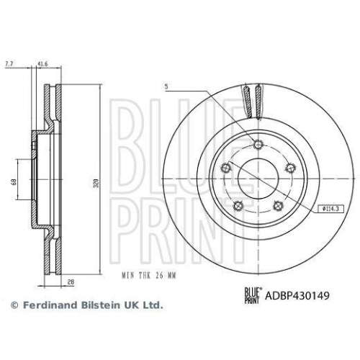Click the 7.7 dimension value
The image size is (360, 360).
click(9, 66)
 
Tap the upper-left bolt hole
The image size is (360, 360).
click(225, 168)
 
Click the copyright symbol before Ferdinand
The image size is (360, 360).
click(14, 305)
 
